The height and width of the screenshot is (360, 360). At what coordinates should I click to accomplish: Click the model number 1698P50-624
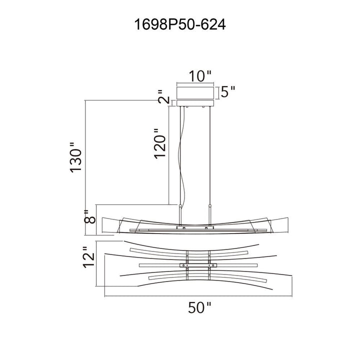(x=180, y=24)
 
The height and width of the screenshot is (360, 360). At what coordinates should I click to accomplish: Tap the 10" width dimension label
(x=199, y=76)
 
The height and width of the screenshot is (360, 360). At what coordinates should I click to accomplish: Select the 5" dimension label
(x=228, y=92)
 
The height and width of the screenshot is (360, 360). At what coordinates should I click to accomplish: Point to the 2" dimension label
(x=164, y=96)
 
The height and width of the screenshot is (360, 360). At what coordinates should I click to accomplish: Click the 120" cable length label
(x=160, y=143)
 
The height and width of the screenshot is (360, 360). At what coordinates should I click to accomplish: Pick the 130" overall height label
(x=75, y=157)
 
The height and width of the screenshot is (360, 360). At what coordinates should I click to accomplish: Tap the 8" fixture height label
(x=89, y=216)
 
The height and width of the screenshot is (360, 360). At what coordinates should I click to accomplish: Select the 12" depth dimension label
(x=88, y=257)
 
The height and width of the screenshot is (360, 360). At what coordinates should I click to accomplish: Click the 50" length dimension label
(x=199, y=307)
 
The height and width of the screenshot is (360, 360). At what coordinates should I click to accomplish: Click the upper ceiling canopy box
(x=195, y=93)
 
